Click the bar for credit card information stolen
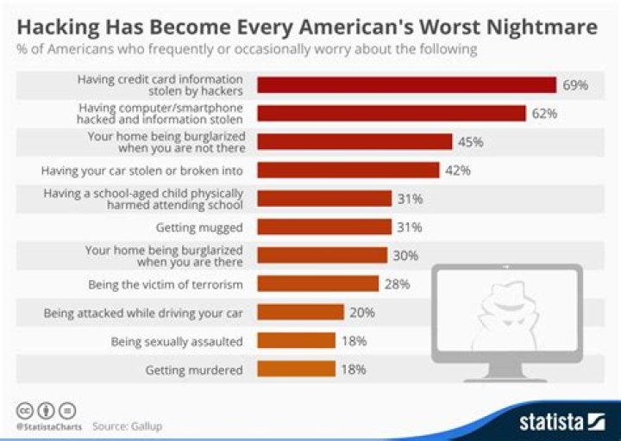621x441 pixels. [x=406, y=84]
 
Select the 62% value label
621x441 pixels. [x=545, y=113]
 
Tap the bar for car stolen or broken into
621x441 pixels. [x=348, y=171]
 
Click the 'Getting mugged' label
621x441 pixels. [x=199, y=227]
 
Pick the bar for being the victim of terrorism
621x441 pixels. [x=318, y=283]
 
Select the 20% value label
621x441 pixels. [x=362, y=312]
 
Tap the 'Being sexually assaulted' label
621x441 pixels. [x=177, y=341]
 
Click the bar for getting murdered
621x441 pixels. [x=296, y=369]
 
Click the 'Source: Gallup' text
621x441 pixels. [x=127, y=425]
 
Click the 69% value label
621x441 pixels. [x=575, y=85]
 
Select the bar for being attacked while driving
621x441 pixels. [x=301, y=312]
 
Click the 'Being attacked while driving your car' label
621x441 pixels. [x=143, y=312]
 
